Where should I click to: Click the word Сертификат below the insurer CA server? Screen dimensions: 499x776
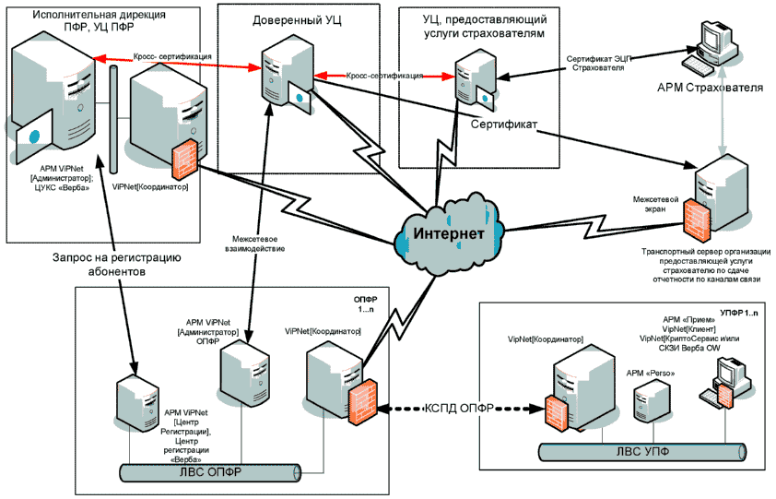tap(504, 123)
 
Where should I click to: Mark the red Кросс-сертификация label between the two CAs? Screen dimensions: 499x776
tap(384, 75)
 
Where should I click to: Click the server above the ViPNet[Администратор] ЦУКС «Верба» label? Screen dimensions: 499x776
tap(51, 91)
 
